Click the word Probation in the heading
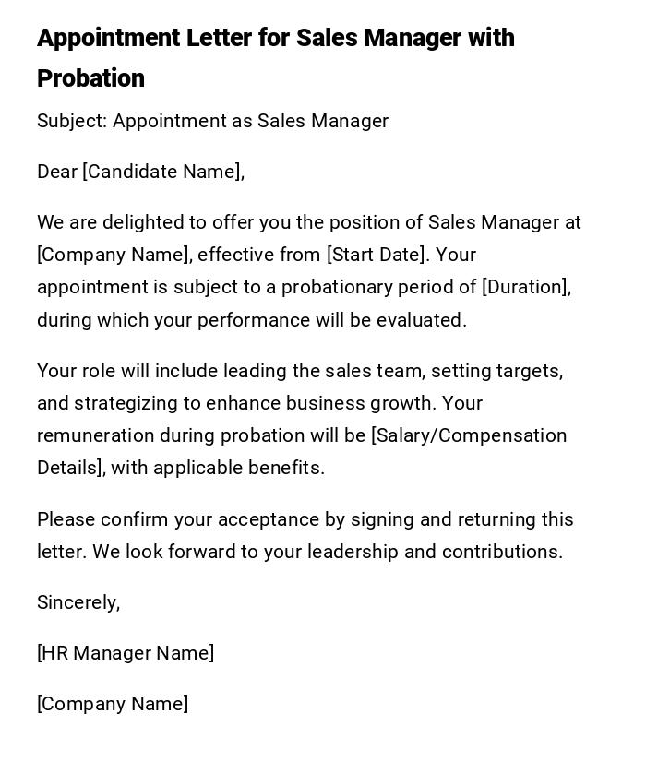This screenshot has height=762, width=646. pyautogui.click(x=90, y=78)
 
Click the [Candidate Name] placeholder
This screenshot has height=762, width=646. pyautogui.click(x=163, y=172)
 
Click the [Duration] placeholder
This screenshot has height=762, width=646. pyautogui.click(x=526, y=287)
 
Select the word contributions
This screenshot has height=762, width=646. pyautogui.click(x=502, y=552)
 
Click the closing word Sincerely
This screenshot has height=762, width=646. pyautogui.click(x=78, y=602)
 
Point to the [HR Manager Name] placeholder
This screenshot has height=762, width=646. pyautogui.click(x=126, y=653)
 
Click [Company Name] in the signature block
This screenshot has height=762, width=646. pyautogui.click(x=113, y=704)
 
